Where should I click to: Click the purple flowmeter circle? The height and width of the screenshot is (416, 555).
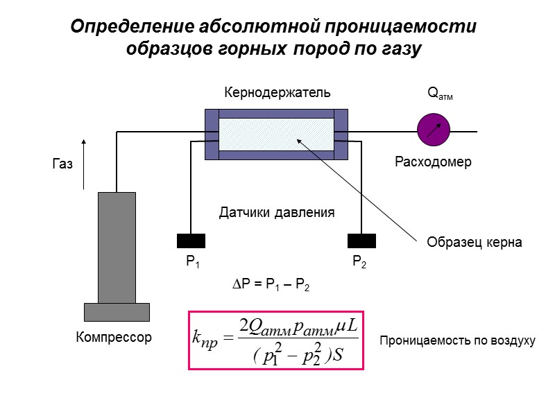[x=434, y=130]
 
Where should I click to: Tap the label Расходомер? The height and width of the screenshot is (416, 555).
[x=433, y=162]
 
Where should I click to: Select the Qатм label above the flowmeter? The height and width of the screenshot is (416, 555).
[x=439, y=94]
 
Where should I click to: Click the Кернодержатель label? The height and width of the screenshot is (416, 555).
[x=277, y=92]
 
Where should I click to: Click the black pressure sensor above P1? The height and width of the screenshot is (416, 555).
[x=191, y=241]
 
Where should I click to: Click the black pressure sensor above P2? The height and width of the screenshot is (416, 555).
[x=361, y=241]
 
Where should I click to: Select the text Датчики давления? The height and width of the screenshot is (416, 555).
[x=277, y=212]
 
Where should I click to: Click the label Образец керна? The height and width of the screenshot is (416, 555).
[x=474, y=243]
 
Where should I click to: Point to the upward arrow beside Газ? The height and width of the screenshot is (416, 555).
[x=84, y=164]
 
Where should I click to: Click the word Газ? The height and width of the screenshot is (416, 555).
[x=62, y=165]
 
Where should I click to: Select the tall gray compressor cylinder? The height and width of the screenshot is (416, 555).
[x=117, y=247]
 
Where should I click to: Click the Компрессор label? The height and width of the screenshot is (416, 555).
[x=113, y=338]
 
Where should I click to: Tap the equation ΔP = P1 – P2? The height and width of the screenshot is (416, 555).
[x=270, y=285]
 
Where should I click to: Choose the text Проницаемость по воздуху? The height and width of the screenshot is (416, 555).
[x=457, y=341]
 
